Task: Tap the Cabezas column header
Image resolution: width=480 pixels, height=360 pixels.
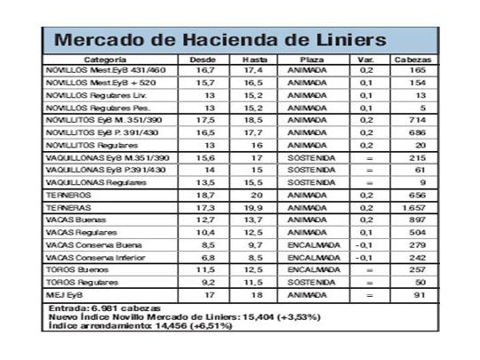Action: coord(419,58)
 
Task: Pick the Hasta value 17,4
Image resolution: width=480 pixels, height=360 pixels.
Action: coord(255,69)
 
